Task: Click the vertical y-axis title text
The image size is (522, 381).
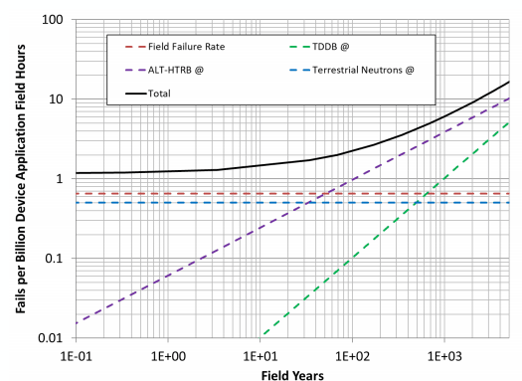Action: tap(19, 180)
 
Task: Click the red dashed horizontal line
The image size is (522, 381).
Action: tap(199, 193)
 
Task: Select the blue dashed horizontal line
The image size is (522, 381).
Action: tap(199, 203)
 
